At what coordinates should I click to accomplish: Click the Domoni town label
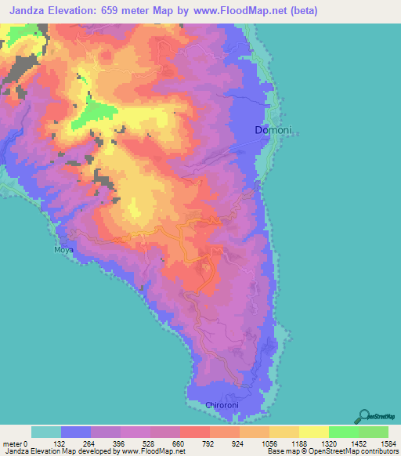pos(273,131)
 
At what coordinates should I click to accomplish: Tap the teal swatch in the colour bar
pos(46,432)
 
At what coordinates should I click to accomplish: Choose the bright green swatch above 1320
pos(343,432)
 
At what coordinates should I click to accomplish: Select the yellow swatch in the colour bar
pos(313,432)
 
